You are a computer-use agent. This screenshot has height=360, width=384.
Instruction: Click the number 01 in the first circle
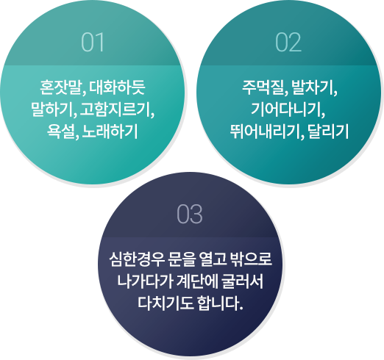(x=93, y=42)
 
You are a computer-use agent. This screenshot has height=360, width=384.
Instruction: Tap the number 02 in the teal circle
(x=288, y=42)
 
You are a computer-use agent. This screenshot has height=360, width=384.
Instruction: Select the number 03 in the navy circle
(x=190, y=214)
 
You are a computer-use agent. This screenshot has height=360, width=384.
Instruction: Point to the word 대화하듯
(x=117, y=87)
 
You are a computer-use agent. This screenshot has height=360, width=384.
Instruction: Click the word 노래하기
(x=110, y=132)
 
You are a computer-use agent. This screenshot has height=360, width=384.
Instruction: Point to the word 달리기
(x=328, y=132)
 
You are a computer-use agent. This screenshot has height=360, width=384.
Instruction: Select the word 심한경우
(x=137, y=259)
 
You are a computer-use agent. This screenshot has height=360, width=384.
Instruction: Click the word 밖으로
(x=252, y=259)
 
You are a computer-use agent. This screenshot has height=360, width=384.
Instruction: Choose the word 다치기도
(x=165, y=303)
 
